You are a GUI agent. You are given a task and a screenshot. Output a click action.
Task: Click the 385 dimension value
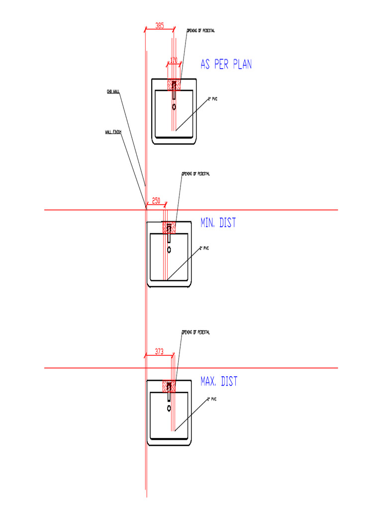(160, 26)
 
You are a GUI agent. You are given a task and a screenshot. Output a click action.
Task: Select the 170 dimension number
(174, 60)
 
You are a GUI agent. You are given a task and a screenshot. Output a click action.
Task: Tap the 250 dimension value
(156, 200)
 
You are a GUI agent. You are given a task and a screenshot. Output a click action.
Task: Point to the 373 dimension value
(159, 351)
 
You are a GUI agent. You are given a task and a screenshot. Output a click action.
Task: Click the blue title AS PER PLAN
(226, 65)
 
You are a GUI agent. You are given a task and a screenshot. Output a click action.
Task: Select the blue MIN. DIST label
(218, 223)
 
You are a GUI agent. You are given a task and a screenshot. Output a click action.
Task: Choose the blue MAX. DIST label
(219, 381)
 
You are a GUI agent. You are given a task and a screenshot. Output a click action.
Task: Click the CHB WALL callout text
(113, 91)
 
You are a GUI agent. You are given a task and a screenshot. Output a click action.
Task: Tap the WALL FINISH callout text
(113, 132)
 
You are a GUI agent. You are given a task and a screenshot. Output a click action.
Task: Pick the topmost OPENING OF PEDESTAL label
(200, 31)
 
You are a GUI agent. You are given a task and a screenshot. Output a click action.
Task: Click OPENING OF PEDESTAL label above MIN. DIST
(195, 174)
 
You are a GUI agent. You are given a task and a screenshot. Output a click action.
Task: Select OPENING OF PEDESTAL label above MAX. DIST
(195, 332)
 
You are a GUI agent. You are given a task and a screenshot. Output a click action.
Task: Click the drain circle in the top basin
(174, 107)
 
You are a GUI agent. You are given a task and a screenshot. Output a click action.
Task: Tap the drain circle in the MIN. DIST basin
(169, 250)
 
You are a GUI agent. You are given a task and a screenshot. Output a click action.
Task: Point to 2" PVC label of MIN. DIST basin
(204, 248)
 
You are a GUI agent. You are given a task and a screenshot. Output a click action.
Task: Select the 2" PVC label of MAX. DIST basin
(212, 399)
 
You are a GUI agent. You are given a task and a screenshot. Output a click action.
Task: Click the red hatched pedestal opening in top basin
(174, 84)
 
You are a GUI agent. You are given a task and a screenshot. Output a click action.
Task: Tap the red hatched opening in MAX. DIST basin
(169, 386)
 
